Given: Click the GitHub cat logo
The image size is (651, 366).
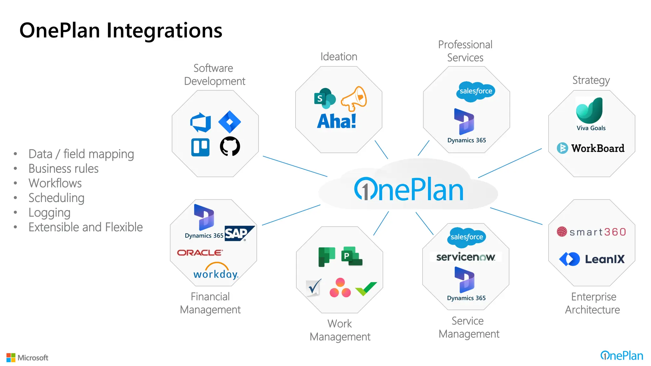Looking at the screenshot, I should [230, 146].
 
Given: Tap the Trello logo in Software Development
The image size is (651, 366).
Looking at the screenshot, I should [200, 147].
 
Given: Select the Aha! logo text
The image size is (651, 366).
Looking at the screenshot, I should [337, 121].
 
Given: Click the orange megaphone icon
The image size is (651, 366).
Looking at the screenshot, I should [354, 98].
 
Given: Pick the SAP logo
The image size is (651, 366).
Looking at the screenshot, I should [239, 234].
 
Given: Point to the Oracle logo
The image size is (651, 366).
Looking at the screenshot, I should [200, 253].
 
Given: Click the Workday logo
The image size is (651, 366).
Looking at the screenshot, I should [216, 272].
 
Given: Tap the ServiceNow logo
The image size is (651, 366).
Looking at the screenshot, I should [465, 257].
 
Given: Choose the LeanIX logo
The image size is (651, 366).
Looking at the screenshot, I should [592, 259].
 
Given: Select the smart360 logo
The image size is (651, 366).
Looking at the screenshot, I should [592, 232].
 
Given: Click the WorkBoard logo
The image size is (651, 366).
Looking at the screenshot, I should [591, 148].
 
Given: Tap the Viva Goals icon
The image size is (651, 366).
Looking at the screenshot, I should [590, 111].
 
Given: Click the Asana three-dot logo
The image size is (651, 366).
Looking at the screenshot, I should [340, 288].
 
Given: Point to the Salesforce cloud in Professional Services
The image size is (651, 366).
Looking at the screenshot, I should [476, 91].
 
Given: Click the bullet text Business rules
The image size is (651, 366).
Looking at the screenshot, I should [64, 169].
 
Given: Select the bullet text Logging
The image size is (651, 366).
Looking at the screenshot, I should [50, 213].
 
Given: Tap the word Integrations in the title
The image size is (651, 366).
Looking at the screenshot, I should [164, 30].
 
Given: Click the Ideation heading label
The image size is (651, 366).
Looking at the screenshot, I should [339, 57].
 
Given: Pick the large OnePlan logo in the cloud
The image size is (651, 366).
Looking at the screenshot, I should [409, 190].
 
